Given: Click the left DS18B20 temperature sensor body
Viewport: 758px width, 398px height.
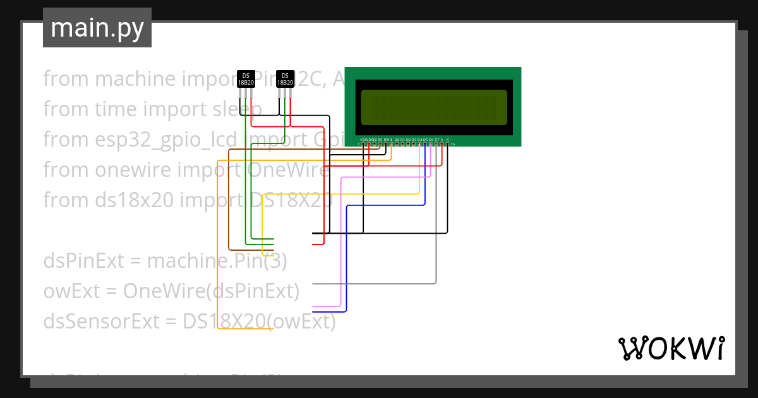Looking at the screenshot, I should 246,79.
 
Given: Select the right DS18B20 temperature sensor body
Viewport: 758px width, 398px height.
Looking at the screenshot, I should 285,79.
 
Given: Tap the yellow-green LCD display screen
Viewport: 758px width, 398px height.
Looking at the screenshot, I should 434,107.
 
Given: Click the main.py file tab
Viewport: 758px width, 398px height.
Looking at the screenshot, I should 97,28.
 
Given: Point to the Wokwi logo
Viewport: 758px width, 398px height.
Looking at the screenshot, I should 671,348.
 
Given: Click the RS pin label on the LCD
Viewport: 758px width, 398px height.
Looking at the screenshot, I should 380,139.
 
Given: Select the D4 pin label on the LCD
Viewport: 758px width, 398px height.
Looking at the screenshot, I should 419,139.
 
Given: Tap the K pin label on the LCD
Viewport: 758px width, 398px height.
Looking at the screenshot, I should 448,139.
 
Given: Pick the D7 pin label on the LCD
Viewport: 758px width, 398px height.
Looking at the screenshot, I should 436,139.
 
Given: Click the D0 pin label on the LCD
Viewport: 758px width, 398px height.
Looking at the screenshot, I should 397,139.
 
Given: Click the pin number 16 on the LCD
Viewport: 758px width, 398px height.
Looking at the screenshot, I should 453,145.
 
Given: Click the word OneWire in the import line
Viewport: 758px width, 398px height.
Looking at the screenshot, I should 289,170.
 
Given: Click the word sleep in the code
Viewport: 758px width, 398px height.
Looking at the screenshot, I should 235,109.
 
